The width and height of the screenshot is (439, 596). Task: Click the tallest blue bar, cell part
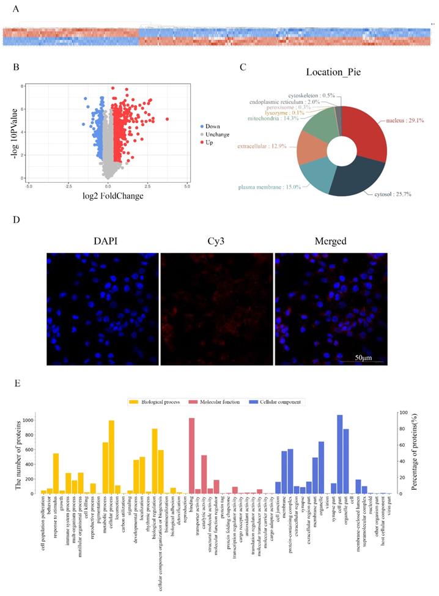tap(339, 454)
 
